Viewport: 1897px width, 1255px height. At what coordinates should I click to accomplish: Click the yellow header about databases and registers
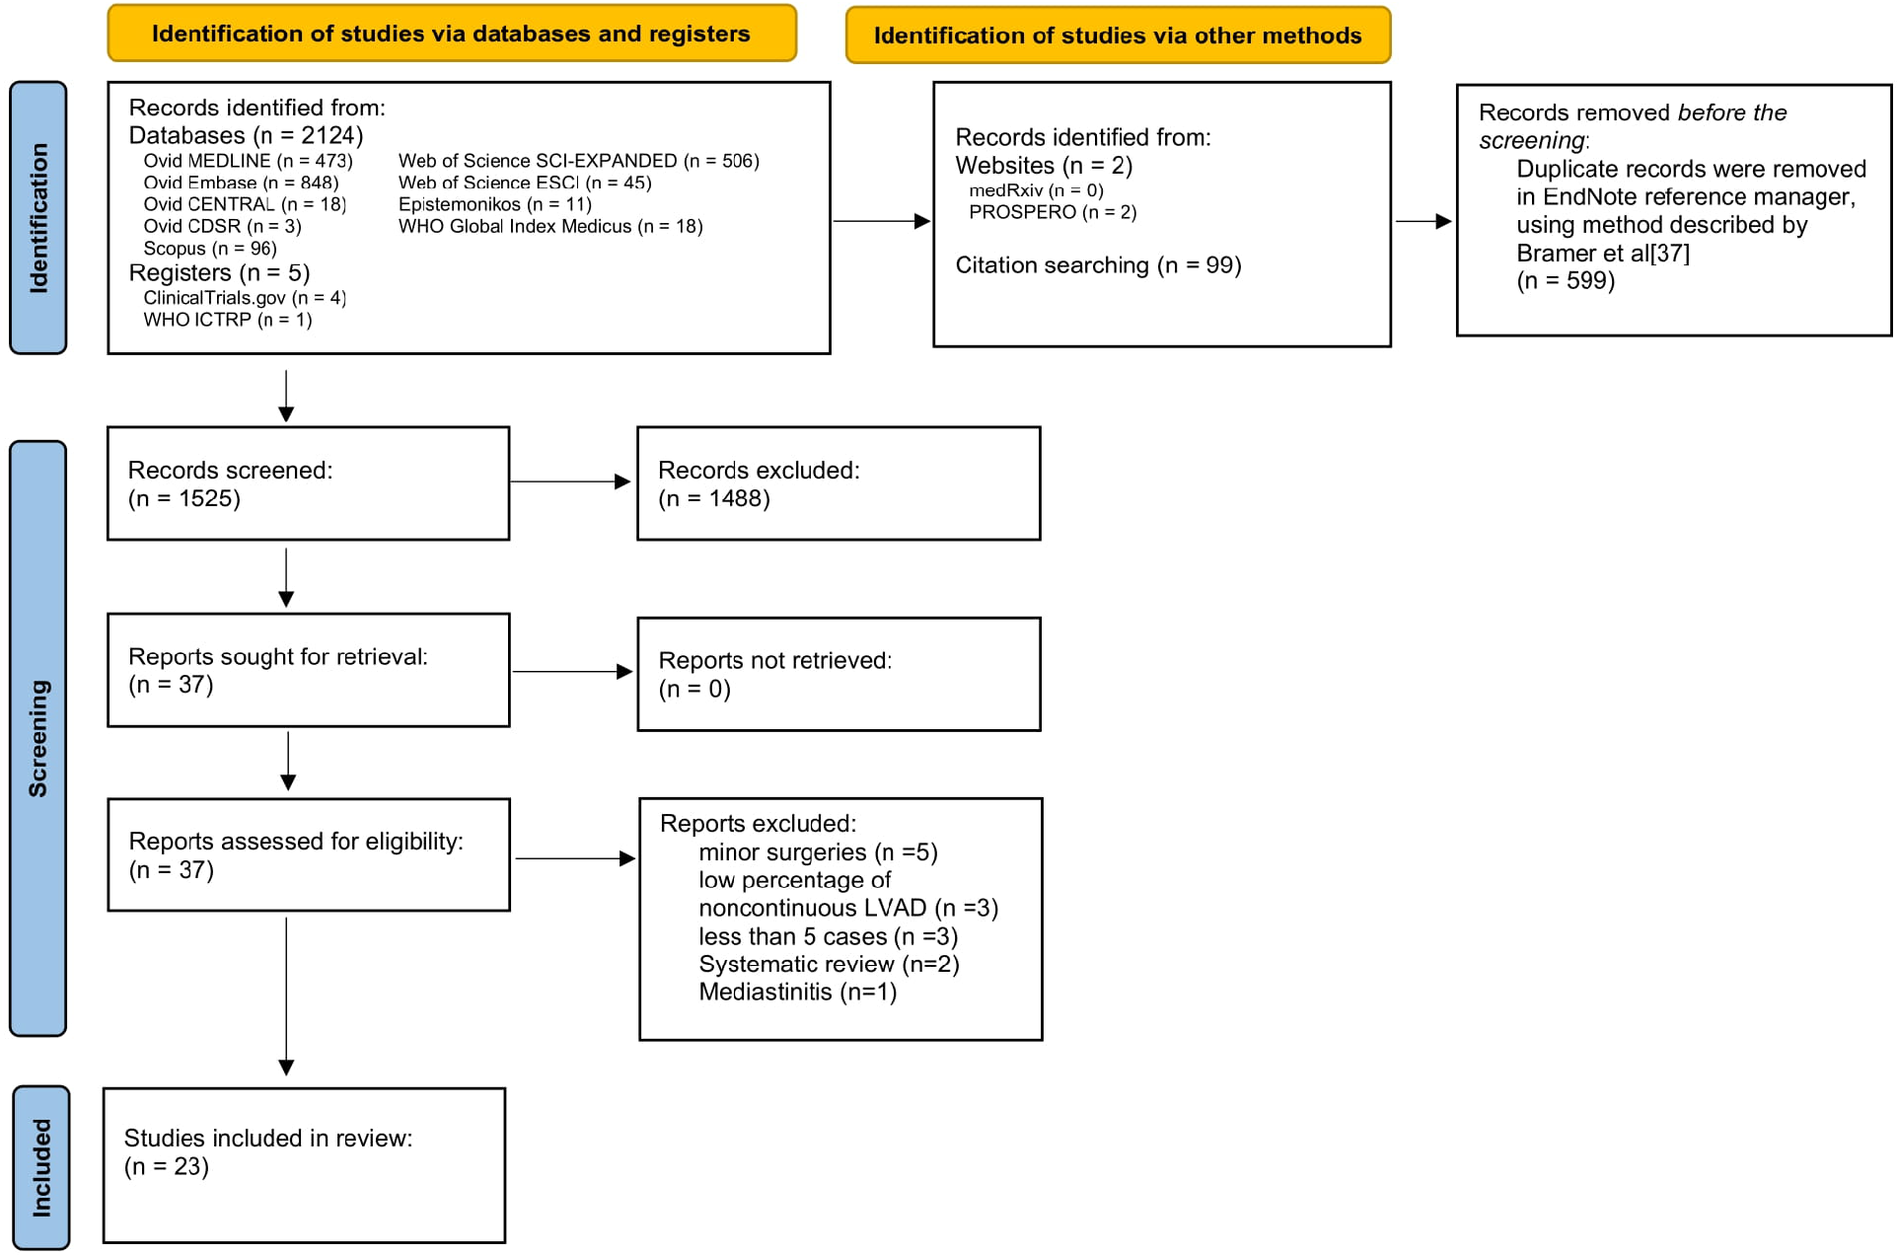tap(451, 34)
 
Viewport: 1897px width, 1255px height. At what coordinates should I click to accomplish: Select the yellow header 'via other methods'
tap(1117, 36)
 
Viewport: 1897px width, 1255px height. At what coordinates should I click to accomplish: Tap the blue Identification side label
tap(38, 218)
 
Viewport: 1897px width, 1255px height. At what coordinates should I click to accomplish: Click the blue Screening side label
tap(38, 738)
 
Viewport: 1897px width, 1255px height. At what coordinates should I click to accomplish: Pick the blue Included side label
tap(41, 1167)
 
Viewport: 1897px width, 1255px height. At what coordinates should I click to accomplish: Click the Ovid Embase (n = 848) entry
tap(241, 183)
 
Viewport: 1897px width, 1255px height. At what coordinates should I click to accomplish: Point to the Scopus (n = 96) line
tap(209, 249)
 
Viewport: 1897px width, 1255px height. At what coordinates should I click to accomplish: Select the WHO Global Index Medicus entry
tap(550, 226)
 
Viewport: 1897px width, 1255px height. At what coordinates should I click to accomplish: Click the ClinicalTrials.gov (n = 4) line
tap(245, 298)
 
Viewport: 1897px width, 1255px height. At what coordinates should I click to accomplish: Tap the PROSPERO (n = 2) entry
tap(1053, 212)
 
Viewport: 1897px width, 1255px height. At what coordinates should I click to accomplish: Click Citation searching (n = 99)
tap(1098, 265)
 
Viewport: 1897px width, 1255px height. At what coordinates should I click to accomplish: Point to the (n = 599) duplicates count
tap(1566, 281)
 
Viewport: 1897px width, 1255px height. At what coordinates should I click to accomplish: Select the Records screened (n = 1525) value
tap(184, 498)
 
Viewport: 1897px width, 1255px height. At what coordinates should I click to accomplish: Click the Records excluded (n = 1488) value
tap(714, 498)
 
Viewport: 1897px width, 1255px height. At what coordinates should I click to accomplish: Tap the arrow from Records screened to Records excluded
tap(570, 481)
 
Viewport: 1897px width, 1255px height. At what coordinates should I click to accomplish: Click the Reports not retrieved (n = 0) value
tap(694, 689)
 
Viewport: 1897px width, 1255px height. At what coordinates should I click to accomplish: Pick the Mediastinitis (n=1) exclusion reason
tap(797, 992)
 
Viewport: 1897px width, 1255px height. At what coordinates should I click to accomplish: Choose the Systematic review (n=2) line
tap(829, 964)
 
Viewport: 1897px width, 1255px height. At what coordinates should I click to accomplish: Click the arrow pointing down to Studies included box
tap(286, 997)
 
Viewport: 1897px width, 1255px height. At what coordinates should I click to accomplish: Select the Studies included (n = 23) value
tap(167, 1166)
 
